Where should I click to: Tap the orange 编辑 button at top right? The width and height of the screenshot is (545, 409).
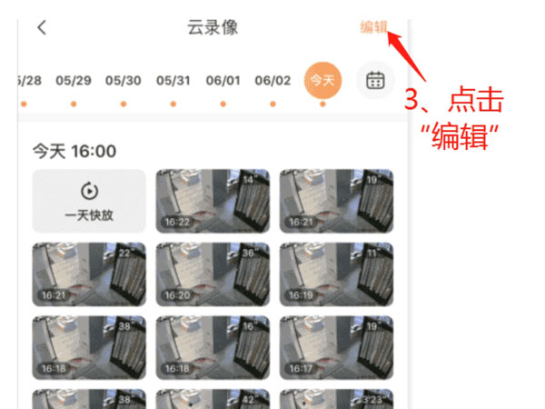point(373,26)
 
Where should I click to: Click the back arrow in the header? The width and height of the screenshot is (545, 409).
point(42,27)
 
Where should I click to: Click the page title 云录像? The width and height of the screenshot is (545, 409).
point(213,27)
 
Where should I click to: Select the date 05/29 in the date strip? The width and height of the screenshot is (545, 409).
point(74,80)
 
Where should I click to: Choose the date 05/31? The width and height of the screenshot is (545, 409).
point(173,80)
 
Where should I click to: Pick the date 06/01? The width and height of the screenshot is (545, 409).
point(223,80)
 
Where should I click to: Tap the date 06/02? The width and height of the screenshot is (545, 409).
point(272,80)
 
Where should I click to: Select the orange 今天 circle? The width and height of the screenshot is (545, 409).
point(322,81)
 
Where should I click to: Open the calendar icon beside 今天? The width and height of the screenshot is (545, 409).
point(375,81)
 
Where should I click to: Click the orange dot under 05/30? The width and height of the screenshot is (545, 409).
point(124,104)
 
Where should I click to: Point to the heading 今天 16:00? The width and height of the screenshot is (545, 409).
point(74,151)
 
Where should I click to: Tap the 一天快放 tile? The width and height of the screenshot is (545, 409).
point(89,201)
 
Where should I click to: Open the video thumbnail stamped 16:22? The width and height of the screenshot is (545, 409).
point(213,201)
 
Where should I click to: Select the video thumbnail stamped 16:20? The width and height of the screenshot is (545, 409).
point(213,274)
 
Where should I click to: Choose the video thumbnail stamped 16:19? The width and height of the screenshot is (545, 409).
point(336,274)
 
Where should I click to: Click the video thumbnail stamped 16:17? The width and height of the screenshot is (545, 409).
point(336,346)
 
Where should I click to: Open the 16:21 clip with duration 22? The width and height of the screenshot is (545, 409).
point(89,274)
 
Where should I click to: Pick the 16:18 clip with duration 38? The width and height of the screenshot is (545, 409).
point(89,346)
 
